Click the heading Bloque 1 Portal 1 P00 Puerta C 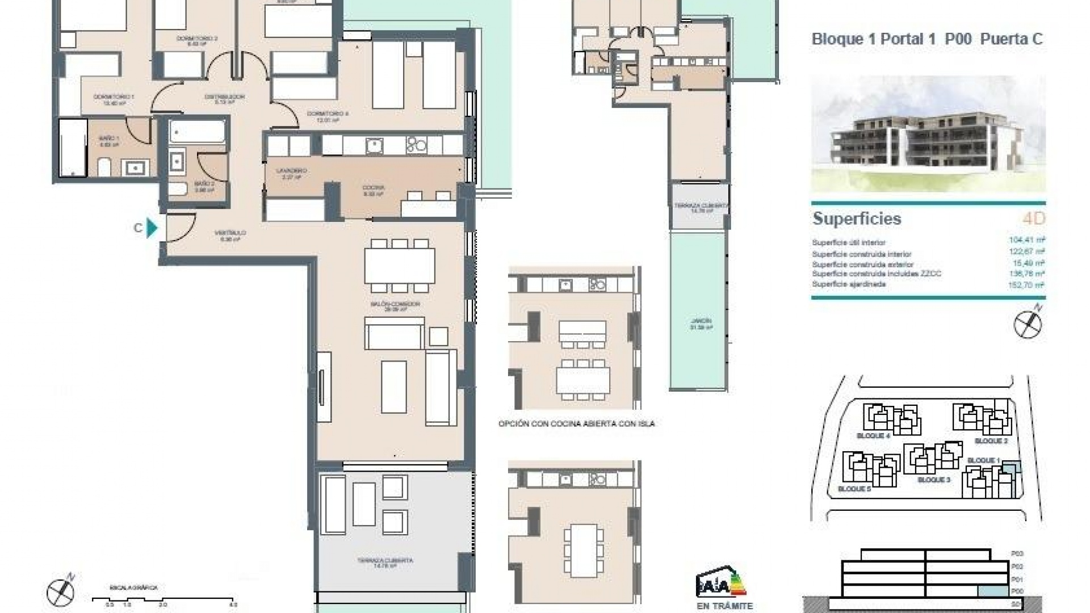927,39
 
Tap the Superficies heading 857,219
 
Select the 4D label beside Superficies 1033,219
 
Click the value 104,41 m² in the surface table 1027,240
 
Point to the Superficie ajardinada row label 849,284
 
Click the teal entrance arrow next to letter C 152,228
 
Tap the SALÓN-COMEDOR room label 395,305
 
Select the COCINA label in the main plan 373,188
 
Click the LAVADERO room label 291,171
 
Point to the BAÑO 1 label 109,138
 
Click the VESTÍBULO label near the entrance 230,233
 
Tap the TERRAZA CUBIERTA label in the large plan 385,561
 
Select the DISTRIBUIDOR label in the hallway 224,97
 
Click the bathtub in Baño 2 197,131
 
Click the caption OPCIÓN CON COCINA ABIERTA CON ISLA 576,423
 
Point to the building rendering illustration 928,135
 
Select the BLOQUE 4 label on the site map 873,436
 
